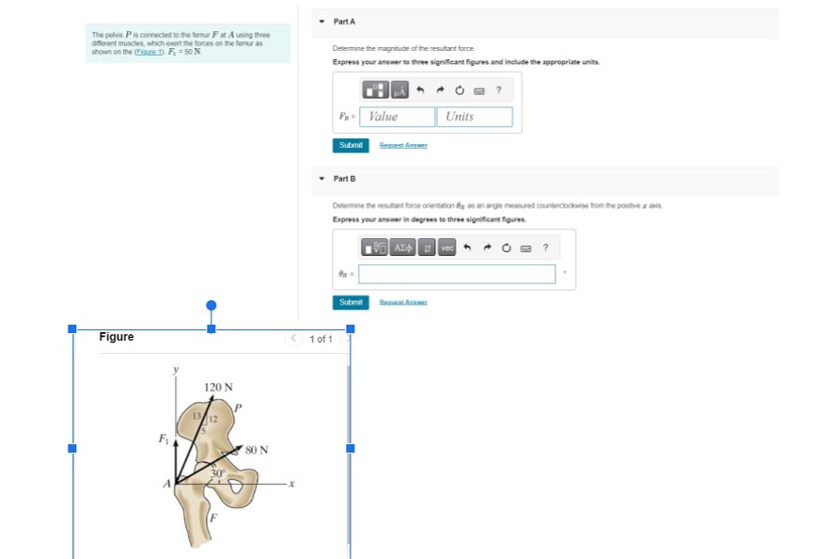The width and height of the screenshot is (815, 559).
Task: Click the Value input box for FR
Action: pyautogui.click(x=397, y=117)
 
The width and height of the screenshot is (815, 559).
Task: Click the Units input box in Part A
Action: pyautogui.click(x=475, y=117)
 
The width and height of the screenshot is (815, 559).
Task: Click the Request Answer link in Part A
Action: pyautogui.click(x=403, y=145)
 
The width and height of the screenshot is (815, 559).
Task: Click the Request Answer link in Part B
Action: pyautogui.click(x=403, y=302)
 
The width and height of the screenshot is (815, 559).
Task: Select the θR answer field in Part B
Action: pyautogui.click(x=457, y=274)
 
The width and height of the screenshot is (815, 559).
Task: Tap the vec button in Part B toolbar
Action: pyautogui.click(x=447, y=248)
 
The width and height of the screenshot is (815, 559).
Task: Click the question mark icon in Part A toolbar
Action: pyautogui.click(x=498, y=90)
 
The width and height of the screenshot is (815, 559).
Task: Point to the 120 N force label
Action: pyautogui.click(x=218, y=387)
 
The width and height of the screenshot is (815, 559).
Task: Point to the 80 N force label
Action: pyautogui.click(x=257, y=450)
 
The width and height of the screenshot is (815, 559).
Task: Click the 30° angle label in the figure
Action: pyautogui.click(x=218, y=471)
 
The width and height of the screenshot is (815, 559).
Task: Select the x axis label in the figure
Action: pyautogui.click(x=292, y=485)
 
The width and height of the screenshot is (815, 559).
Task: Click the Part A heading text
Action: pyautogui.click(x=344, y=21)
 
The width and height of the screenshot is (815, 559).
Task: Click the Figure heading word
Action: pyautogui.click(x=117, y=337)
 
